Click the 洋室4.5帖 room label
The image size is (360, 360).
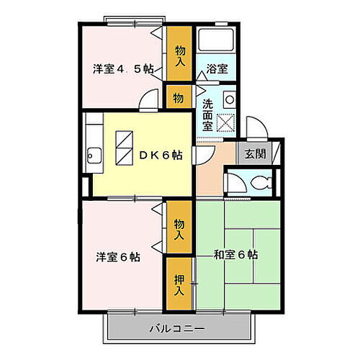click(122, 69)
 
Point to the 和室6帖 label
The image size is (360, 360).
click(235, 255)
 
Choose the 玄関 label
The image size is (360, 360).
click(253, 153)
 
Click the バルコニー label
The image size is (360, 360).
click(177, 329)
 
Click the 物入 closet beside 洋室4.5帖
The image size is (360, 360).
click(179, 55)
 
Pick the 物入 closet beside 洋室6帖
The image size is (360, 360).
click(179, 229)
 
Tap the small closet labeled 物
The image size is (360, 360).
click(179, 96)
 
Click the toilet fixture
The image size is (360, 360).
click(264, 181)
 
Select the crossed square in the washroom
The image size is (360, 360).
click(227, 122)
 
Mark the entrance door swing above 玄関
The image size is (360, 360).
click(258, 129)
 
